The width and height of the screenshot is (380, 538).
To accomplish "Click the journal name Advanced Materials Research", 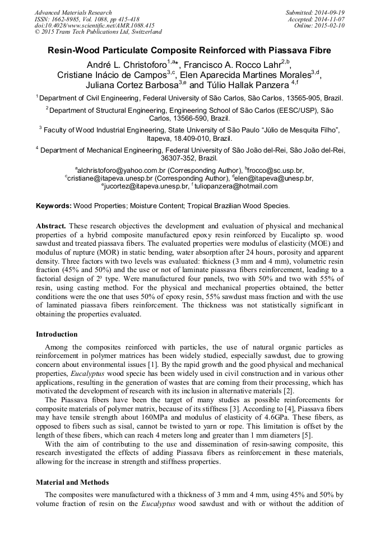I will [x=73, y=12].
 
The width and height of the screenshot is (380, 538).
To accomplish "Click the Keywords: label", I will [x=53, y=206].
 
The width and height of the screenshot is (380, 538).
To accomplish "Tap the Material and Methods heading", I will [x=72, y=482].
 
